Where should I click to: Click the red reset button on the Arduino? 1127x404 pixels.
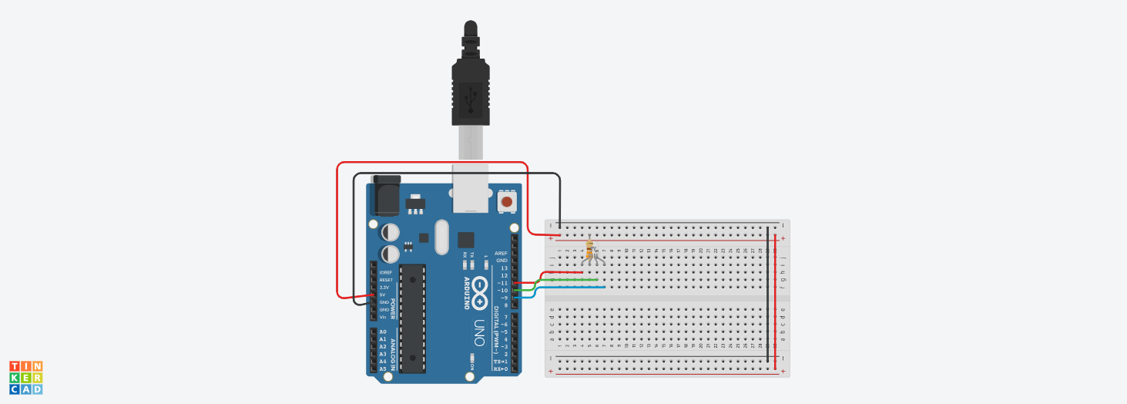[506, 202]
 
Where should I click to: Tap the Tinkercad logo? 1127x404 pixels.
[25, 378]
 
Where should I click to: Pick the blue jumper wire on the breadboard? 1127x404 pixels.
[570, 288]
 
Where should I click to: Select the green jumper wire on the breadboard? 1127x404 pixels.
[570, 280]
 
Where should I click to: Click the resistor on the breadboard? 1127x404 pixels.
[590, 249]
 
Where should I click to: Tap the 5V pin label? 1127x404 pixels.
[383, 295]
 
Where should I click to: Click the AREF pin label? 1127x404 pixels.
[501, 253]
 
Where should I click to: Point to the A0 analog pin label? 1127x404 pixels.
[383, 332]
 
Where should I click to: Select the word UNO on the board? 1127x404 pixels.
[478, 332]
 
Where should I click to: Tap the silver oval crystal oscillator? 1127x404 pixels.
[441, 237]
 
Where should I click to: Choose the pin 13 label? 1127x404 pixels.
[504, 268]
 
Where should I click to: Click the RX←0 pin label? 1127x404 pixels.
[501, 369]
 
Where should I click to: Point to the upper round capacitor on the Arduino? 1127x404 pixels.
[391, 231]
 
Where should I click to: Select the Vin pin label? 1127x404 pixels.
[383, 317]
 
